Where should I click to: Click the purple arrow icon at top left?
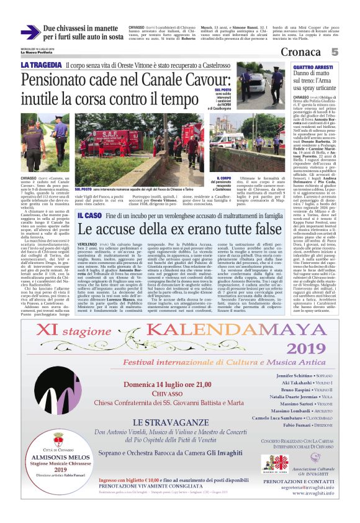click(x=30, y=32)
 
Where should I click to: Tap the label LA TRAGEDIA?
click(x=41, y=65)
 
